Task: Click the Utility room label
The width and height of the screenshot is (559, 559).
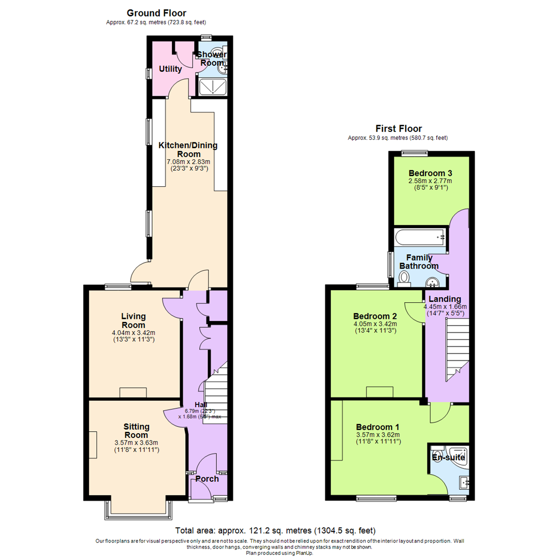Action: click(170, 69)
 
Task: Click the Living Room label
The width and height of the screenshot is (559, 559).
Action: click(134, 320)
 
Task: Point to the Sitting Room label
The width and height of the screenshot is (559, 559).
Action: click(136, 431)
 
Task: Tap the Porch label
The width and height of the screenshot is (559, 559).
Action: click(207, 479)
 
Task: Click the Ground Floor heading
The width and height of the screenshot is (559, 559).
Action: click(156, 13)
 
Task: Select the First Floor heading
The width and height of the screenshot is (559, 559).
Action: click(398, 128)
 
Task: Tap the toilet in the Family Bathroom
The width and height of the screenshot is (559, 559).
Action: click(404, 279)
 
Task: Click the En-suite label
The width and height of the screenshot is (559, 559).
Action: click(448, 458)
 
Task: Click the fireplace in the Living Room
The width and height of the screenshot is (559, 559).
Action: click(134, 393)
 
